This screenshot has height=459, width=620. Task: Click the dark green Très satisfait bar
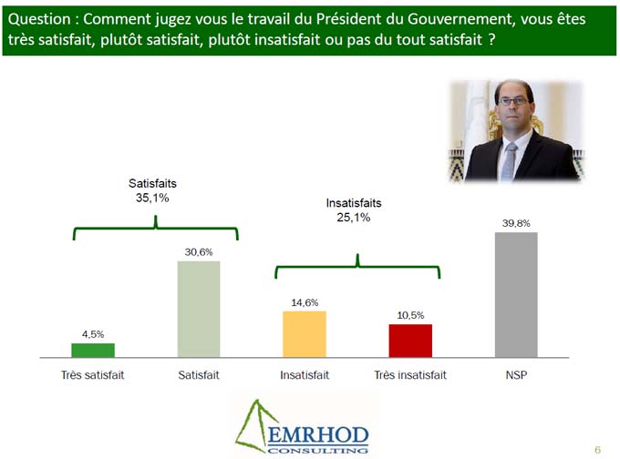[93, 350]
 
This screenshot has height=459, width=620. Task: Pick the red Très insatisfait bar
[410, 340]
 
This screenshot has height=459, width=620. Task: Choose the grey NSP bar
[516, 294]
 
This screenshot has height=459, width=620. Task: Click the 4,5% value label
[93, 334]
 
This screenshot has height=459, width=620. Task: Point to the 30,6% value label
[199, 252]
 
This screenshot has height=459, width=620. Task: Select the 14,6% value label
[305, 302]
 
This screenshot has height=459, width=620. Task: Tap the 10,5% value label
[410, 315]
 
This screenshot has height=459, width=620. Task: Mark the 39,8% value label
[516, 222]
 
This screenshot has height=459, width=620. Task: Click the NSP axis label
[516, 375]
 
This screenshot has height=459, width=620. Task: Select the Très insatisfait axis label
[410, 375]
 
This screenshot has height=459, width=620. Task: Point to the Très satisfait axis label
[93, 375]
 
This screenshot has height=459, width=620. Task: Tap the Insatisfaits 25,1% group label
[353, 210]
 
